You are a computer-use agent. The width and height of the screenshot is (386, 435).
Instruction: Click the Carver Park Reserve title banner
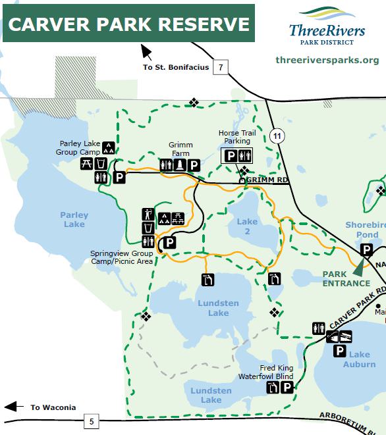coord(128,24)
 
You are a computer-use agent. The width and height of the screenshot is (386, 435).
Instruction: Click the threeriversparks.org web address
coord(327,60)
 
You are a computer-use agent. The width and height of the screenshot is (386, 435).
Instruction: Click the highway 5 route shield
coord(91,421)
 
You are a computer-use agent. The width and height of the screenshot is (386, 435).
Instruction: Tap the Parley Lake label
coord(74,220)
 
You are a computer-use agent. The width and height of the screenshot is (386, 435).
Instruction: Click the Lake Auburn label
coord(359,359)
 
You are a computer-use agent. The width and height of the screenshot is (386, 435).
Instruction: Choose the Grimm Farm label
coord(179,149)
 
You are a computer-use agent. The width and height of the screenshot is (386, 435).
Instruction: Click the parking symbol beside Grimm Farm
coord(194,165)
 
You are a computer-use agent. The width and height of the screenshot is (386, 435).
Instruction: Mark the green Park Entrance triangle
coord(360,267)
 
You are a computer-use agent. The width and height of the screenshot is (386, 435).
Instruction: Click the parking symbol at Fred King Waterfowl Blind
coord(287,388)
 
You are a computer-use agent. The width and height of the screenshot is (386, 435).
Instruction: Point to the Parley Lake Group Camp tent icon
coord(109,148)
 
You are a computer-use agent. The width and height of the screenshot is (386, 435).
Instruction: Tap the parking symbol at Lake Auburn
coord(339,351)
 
